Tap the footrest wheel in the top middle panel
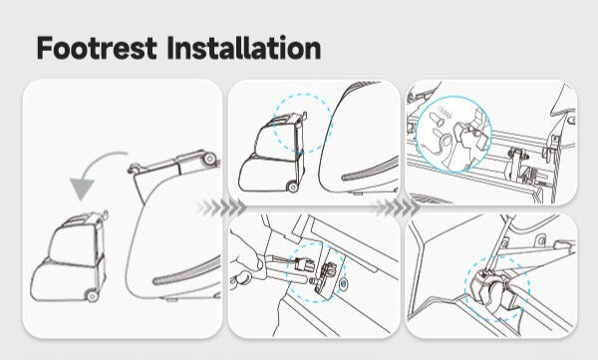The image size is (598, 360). click(x=292, y=185)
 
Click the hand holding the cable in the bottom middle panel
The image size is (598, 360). click(x=250, y=270)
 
